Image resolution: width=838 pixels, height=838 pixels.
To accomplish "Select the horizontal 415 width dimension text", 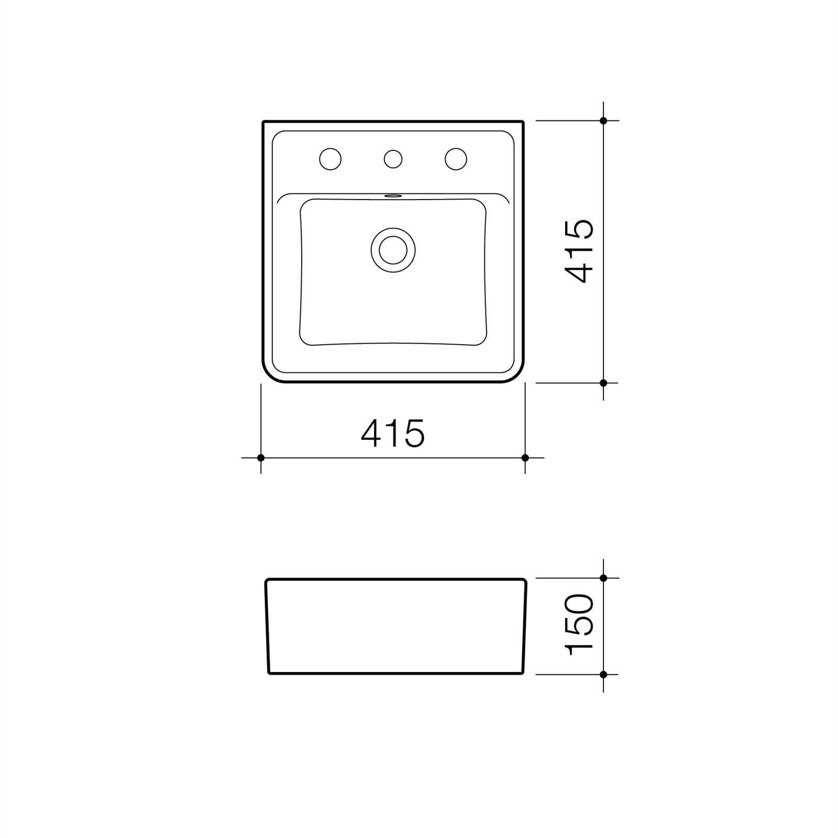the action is tap(393, 433).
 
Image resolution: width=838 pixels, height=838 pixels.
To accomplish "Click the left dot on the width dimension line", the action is tap(261, 458).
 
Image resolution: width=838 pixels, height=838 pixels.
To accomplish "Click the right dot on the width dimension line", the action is tap(525, 458).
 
